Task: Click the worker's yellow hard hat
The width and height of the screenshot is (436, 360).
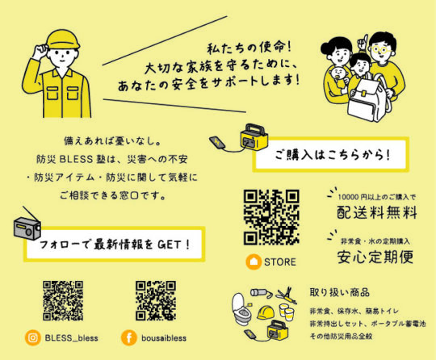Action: click(63, 40)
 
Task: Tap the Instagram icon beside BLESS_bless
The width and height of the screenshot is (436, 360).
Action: click(33, 337)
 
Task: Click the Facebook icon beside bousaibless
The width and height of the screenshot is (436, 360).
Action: click(129, 337)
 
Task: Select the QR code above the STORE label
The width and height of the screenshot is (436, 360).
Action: click(271, 217)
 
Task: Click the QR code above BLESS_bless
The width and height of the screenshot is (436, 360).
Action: click(63, 300)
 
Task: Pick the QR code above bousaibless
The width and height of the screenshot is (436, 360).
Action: click(156, 300)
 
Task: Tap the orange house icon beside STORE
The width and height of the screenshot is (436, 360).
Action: click(254, 262)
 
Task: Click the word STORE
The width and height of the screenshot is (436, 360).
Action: click(280, 262)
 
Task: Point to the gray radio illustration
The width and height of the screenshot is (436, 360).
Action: click(27, 227)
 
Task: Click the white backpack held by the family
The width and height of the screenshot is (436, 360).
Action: click(367, 98)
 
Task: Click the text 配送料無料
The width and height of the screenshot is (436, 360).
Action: click(377, 212)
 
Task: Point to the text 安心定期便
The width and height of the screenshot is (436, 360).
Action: click(375, 257)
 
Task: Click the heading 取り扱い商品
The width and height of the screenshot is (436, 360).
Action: click(339, 292)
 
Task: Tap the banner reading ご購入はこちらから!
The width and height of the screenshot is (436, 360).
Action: click(331, 154)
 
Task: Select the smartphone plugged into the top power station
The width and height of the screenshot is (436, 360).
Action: click(217, 142)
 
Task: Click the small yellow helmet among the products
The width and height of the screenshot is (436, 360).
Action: click(266, 312)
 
